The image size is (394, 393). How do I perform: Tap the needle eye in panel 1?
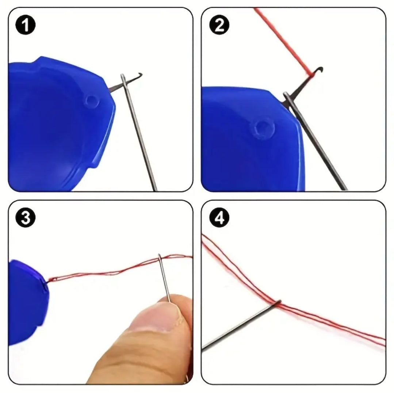[123, 80]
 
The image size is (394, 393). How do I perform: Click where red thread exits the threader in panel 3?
[47, 281]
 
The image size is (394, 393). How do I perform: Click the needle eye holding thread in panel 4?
[279, 303]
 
